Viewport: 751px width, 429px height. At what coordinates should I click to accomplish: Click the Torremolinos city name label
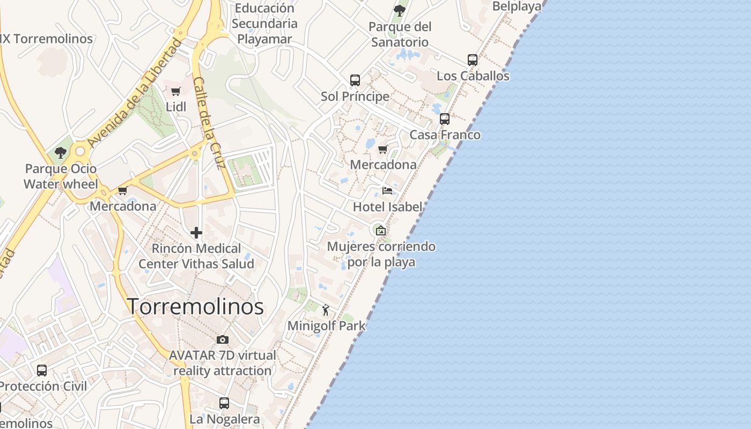point(195,307)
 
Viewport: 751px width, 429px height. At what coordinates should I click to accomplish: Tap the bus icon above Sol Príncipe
point(355,80)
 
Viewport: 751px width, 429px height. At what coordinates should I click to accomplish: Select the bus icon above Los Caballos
point(472,60)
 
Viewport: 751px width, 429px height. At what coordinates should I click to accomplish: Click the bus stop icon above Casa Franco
point(444,119)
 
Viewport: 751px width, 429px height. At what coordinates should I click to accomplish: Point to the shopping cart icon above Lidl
point(175,91)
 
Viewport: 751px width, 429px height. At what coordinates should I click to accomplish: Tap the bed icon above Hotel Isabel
point(387,190)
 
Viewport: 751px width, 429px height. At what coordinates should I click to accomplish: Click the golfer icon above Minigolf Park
point(326,309)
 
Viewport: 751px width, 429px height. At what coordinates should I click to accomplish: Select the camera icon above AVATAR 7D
point(222,339)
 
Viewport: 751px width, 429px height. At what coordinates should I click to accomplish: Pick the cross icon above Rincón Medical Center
point(196,233)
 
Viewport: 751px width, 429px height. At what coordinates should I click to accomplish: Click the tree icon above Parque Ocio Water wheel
point(61,153)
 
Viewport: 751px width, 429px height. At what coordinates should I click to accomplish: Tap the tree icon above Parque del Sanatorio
point(399,10)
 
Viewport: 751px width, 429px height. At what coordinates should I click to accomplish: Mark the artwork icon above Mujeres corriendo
point(380,231)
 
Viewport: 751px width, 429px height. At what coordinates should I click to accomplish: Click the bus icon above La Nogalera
point(224,403)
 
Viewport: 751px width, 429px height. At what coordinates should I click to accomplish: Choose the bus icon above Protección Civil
point(42,370)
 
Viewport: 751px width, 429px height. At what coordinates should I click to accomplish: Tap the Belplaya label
point(517,6)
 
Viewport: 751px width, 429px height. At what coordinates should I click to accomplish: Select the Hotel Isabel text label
point(387,207)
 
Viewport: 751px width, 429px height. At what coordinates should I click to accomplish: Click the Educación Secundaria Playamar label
point(264,24)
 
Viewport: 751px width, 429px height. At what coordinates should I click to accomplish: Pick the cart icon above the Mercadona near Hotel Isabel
point(382,149)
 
